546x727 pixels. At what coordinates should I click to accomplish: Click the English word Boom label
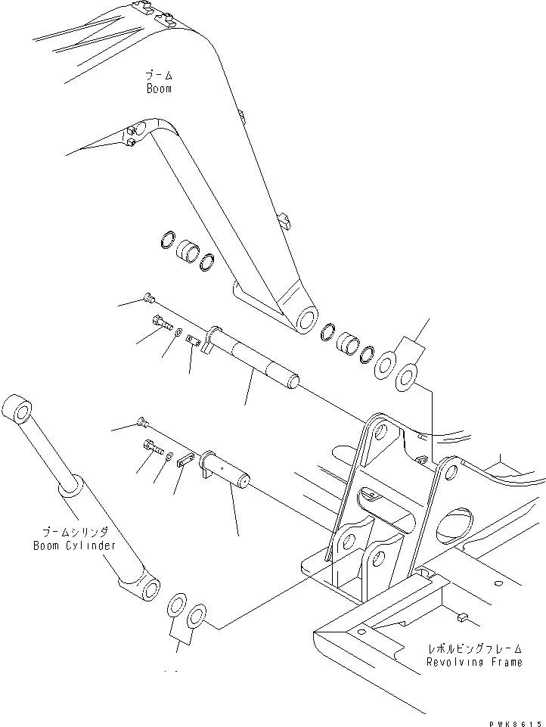pyautogui.click(x=159, y=89)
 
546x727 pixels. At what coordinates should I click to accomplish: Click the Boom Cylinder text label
pyautogui.click(x=74, y=545)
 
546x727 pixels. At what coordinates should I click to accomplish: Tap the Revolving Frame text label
pyautogui.click(x=473, y=662)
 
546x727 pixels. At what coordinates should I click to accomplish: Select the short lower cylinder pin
pyautogui.click(x=228, y=473)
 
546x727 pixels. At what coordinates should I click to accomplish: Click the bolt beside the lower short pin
pyautogui.click(x=153, y=449)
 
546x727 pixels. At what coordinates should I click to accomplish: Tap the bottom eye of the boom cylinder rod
pyautogui.click(x=147, y=589)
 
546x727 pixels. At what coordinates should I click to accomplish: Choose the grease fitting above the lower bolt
pyautogui.click(x=141, y=422)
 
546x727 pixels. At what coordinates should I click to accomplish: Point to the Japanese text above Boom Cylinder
pyautogui.click(x=73, y=532)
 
